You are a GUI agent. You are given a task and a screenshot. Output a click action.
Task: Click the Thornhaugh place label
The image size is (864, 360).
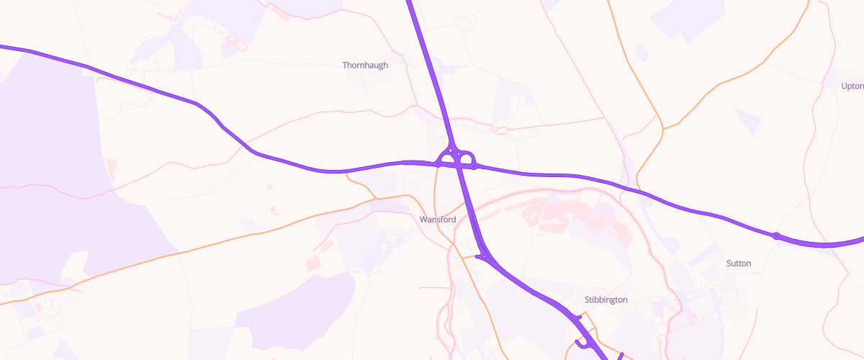[365, 65]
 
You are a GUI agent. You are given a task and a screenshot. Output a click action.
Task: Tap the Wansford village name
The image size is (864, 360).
[437, 219]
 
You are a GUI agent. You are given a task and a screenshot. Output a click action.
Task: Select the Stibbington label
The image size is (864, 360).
[606, 300]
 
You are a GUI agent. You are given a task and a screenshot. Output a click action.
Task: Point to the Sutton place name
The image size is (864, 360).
[739, 264]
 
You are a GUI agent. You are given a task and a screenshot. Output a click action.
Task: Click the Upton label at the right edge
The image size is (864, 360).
[852, 86]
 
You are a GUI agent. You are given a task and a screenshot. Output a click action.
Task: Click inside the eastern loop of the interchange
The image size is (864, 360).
[466, 158]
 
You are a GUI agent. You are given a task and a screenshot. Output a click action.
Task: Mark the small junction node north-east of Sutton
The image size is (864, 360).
[776, 235]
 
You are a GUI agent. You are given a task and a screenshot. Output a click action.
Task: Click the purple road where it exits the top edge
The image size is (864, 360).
[410, 2]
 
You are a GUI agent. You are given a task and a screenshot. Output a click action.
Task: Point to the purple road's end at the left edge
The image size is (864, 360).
[2, 47]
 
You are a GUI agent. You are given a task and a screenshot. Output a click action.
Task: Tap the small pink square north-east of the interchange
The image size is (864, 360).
[495, 130]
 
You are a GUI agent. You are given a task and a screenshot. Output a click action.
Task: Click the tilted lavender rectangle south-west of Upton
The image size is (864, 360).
[747, 122]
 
